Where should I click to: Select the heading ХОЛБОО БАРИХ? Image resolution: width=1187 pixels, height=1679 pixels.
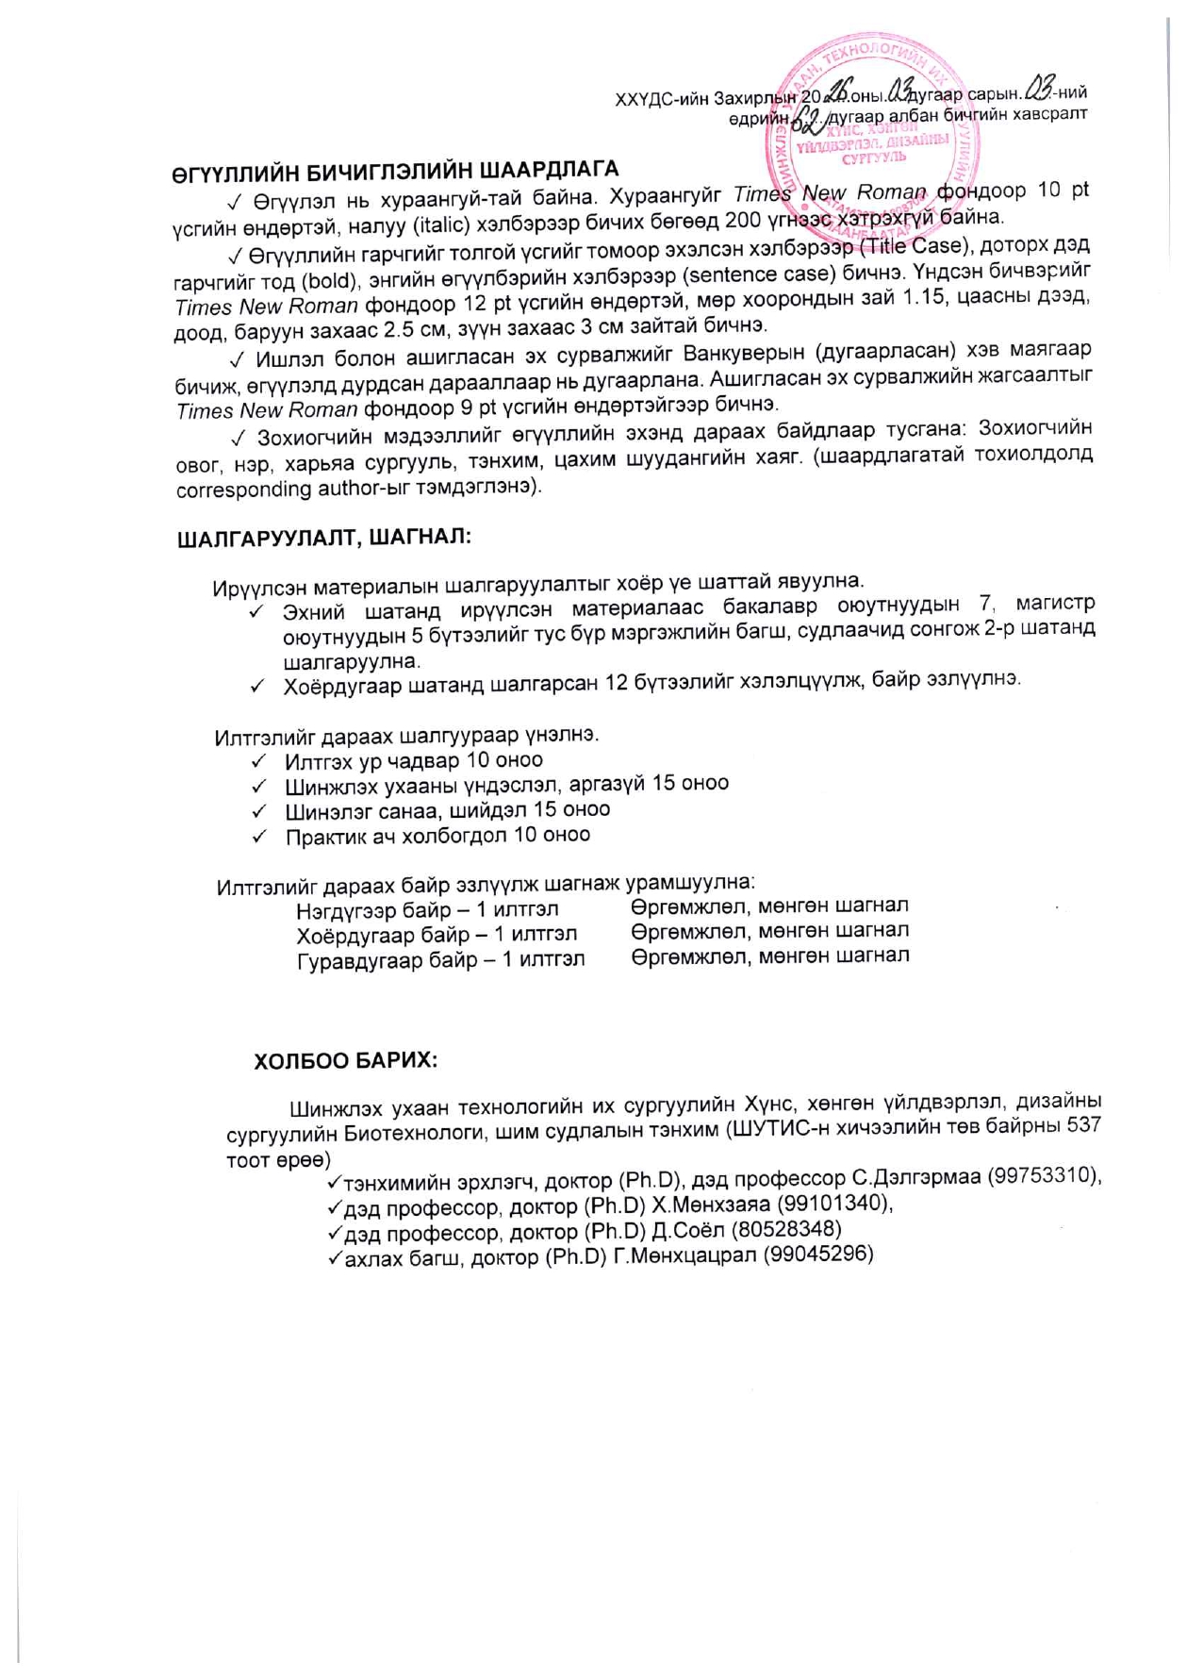(x=346, y=1060)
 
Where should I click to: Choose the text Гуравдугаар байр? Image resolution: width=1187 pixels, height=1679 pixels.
(x=382, y=961)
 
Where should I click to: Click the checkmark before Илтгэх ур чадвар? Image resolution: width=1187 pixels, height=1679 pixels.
(x=259, y=761)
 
